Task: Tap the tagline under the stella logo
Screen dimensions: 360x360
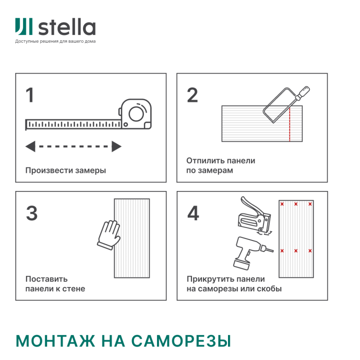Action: pyautogui.click(x=55, y=41)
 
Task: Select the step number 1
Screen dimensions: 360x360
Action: pyautogui.click(x=30, y=95)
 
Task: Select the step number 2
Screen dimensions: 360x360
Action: pyautogui.click(x=192, y=95)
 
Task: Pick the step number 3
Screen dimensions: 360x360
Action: pyautogui.click(x=31, y=214)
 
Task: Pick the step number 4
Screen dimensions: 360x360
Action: pyautogui.click(x=193, y=214)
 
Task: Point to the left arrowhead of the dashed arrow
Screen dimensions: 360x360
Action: pyautogui.click(x=30, y=146)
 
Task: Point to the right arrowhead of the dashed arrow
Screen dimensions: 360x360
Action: pyautogui.click(x=117, y=146)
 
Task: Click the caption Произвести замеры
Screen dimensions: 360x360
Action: pyautogui.click(x=65, y=170)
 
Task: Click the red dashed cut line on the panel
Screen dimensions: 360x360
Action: pyautogui.click(x=289, y=126)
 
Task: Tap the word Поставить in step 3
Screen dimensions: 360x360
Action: pyautogui.click(x=46, y=279)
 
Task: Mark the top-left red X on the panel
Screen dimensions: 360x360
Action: pyautogui.click(x=282, y=204)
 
